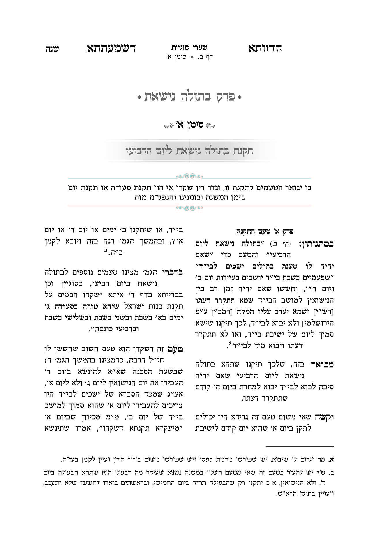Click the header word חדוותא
(x=265, y=48)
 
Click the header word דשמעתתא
(x=111, y=48)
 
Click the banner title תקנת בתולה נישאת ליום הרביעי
(x=189, y=151)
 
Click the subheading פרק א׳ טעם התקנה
(x=265, y=231)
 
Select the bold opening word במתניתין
(x=316, y=243)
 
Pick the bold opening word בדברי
(x=171, y=272)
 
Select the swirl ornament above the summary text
(x=189, y=176)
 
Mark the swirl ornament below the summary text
(x=189, y=207)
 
